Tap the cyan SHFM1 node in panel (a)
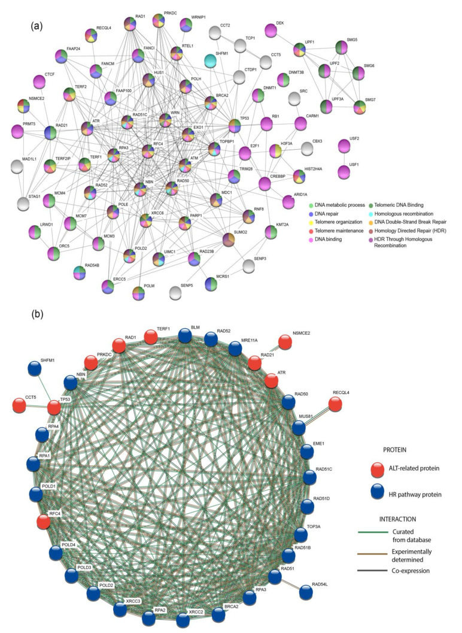click(211, 60)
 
